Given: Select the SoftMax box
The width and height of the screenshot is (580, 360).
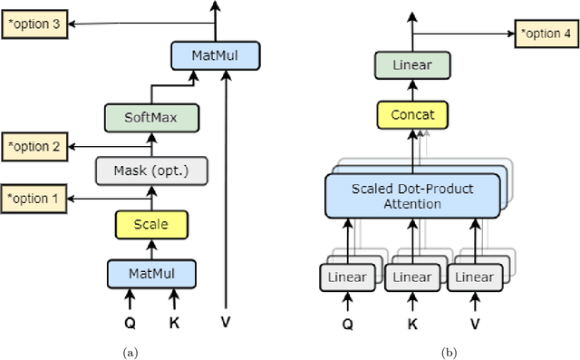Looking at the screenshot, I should [151, 117].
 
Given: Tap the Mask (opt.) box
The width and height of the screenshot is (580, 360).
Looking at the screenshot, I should [151, 170].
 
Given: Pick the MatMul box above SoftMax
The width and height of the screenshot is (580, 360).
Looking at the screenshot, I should [216, 56].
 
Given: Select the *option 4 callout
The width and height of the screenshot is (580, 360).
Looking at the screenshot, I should [546, 34].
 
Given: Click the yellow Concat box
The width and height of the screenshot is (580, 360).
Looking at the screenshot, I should [412, 115].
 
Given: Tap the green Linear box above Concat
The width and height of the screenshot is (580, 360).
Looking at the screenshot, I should [412, 65].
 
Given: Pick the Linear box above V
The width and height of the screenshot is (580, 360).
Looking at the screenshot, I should [478, 277].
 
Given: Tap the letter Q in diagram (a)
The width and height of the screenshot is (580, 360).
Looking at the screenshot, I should [129, 320].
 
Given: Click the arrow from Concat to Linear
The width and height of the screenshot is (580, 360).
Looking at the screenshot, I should [412, 90].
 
